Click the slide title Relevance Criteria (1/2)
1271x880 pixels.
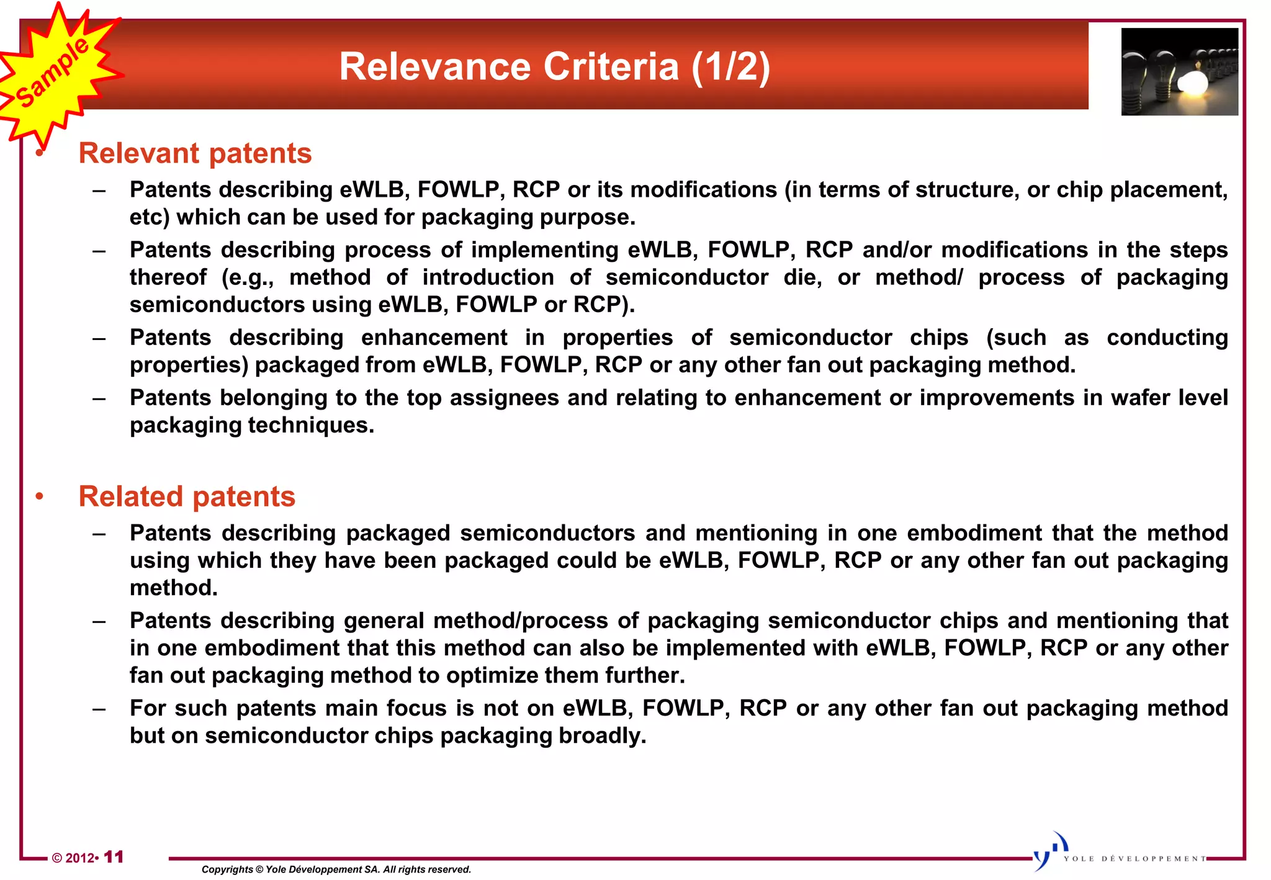[x=554, y=66]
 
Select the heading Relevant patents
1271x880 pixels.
[x=195, y=153]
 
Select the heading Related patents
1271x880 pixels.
[x=187, y=496]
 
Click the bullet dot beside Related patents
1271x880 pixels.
[x=40, y=496]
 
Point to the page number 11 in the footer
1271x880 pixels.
[x=114, y=857]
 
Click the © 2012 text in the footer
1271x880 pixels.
[x=73, y=858]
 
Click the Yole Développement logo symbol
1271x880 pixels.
[x=1049, y=851]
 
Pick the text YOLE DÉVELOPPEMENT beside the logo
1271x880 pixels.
[x=1135, y=859]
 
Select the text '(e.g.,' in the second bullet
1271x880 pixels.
[x=248, y=277]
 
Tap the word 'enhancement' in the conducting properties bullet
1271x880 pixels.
[x=434, y=338]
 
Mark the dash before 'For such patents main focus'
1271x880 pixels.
[x=99, y=709]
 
